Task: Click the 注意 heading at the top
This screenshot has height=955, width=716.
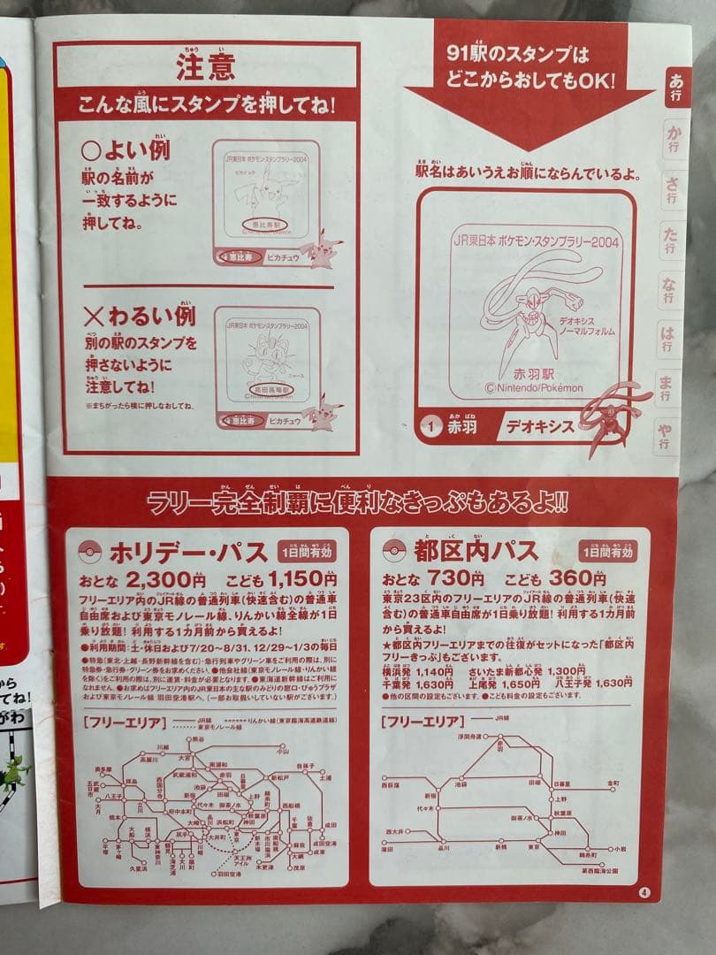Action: click(205, 67)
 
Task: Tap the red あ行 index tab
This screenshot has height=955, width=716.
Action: click(675, 88)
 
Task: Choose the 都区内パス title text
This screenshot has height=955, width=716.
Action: click(475, 551)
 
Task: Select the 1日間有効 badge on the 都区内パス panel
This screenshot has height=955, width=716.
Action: click(607, 552)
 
